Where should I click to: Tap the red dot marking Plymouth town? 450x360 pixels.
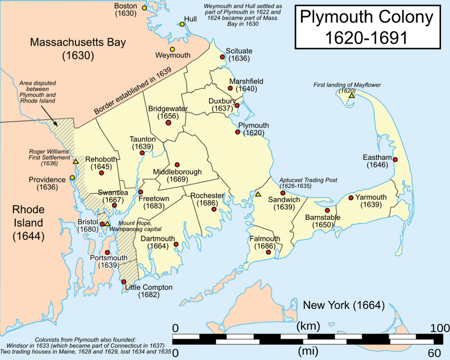pyautogui.click(x=238, y=132)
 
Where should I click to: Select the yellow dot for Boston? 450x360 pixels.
pyautogui.click(x=145, y=8)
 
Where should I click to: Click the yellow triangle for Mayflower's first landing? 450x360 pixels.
pyautogui.click(x=351, y=96)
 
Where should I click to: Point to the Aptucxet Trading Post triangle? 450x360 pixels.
pyautogui.click(x=258, y=194)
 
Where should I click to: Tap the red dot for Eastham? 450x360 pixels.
pyautogui.click(x=395, y=160)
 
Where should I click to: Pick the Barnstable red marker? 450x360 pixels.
pyautogui.click(x=327, y=209)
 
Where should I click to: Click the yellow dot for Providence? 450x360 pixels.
pyautogui.click(x=72, y=178)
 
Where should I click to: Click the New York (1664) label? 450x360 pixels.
pyautogui.click(x=343, y=306)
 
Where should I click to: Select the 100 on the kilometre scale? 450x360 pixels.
pyautogui.click(x=436, y=328)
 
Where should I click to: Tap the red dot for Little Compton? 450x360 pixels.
pyautogui.click(x=123, y=281)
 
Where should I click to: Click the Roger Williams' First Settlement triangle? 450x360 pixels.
pyautogui.click(x=75, y=161)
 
